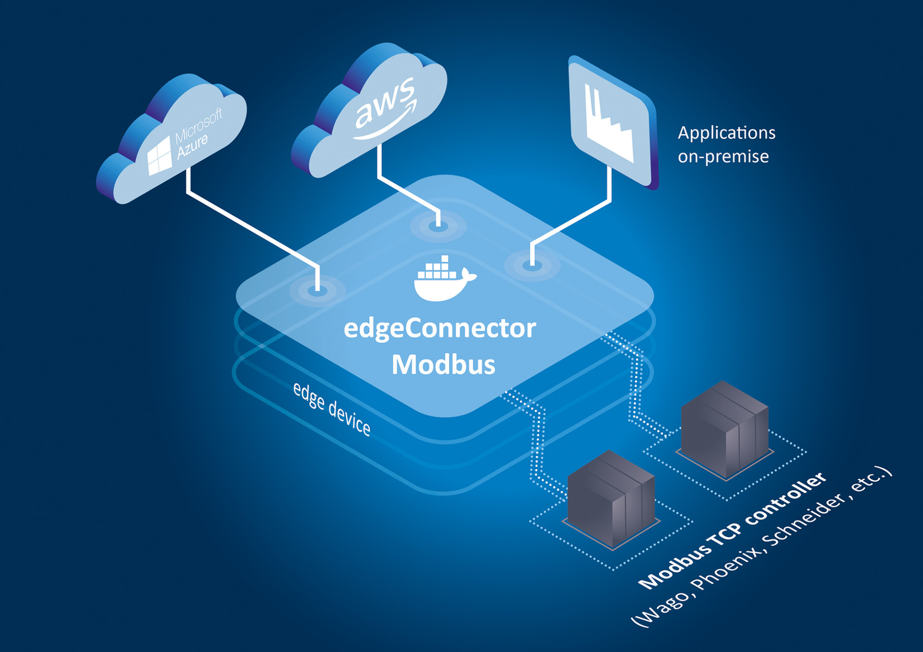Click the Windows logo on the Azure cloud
tap(159, 155)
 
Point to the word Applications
tap(726, 133)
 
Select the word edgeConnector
tap(439, 329)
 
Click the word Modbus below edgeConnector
tap(443, 365)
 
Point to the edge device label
tap(332, 409)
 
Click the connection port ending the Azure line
tap(317, 290)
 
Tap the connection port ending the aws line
tap(438, 226)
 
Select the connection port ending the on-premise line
tap(532, 265)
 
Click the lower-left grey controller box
tap(611, 500)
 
